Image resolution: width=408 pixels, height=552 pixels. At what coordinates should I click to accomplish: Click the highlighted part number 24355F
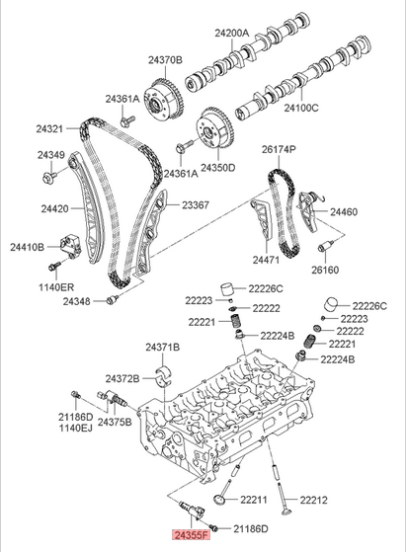pyautogui.click(x=193, y=535)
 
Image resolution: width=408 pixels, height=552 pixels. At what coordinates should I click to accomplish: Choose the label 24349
pyautogui.click(x=51, y=156)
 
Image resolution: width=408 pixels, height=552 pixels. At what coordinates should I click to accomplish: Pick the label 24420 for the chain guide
pyautogui.click(x=54, y=208)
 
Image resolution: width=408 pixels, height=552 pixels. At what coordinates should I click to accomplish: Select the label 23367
pyautogui.click(x=196, y=205)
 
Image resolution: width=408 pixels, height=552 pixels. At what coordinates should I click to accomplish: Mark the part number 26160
pyautogui.click(x=327, y=269)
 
